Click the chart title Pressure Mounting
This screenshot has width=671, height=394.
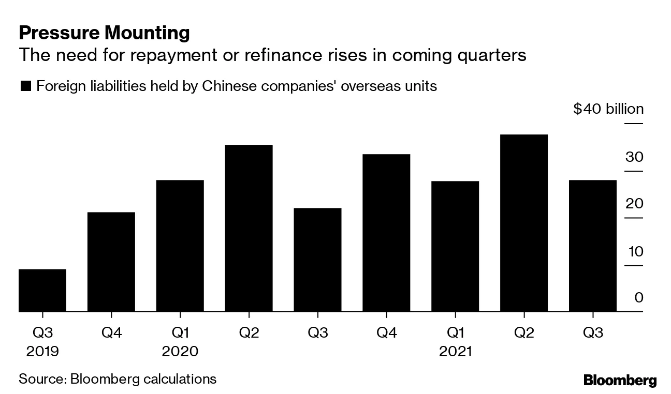[x=104, y=33]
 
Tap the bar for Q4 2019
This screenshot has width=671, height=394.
[x=111, y=262]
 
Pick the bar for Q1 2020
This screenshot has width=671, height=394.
[x=180, y=246]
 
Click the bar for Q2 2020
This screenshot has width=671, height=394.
[x=249, y=228]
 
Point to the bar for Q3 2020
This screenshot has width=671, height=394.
[x=317, y=260]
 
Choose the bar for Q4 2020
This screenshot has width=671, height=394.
[x=386, y=233]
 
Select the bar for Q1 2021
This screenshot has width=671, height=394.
[x=455, y=246]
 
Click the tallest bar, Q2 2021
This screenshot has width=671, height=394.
[x=524, y=223]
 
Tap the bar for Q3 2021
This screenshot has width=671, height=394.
[x=593, y=246]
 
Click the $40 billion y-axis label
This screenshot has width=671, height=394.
[x=608, y=110]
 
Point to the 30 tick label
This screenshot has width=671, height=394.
[x=635, y=157]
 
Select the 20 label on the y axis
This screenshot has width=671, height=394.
[x=635, y=204]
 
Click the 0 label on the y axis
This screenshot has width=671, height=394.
[x=638, y=298]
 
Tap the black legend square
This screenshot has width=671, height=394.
[x=25, y=86]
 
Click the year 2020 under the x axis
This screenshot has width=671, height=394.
[x=180, y=352]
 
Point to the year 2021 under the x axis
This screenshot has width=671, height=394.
[x=455, y=352]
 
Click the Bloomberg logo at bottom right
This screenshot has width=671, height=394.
[x=620, y=381]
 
